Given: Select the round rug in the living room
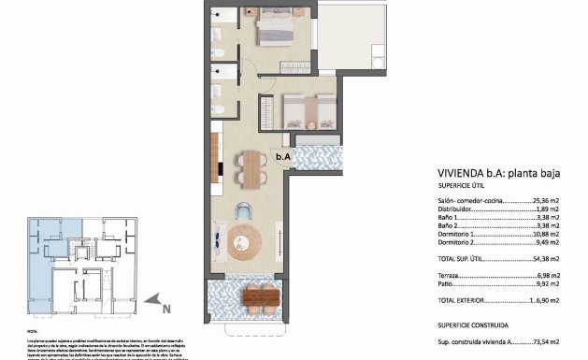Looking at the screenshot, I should [x=241, y=241].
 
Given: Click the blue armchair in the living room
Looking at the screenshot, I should [x=244, y=210].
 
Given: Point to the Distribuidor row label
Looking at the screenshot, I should [x=455, y=209].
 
